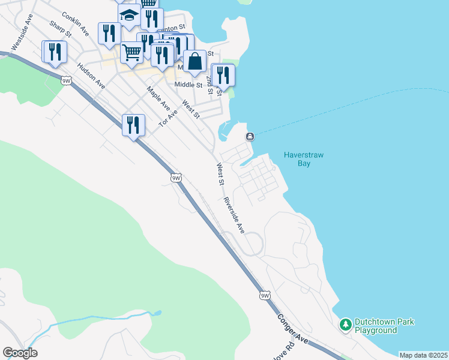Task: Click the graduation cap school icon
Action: click(x=129, y=14)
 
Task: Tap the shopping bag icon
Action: click(x=194, y=61)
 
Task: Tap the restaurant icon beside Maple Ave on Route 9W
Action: click(x=133, y=124)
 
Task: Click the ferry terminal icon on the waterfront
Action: click(x=250, y=137)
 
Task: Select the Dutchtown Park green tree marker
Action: click(x=345, y=325)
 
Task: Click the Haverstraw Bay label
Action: click(x=303, y=159)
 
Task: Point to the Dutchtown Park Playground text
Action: click(x=384, y=326)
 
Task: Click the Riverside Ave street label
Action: click(x=234, y=214)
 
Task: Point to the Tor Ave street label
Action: click(x=169, y=118)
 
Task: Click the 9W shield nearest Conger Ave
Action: click(x=265, y=295)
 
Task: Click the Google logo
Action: click(x=20, y=353)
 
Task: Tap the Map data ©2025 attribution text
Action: click(x=423, y=355)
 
